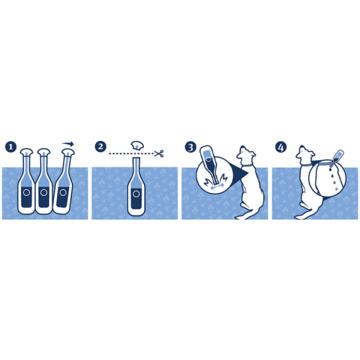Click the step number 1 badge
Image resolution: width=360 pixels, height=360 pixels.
[x=11, y=147]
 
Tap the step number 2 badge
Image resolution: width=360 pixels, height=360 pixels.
[x=100, y=146]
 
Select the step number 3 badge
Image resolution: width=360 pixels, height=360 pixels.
[x=191, y=147]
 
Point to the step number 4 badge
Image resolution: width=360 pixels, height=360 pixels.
[x=281, y=147]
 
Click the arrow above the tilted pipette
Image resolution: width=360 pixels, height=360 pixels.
[x=68, y=144]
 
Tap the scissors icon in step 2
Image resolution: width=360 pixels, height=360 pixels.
[x=159, y=153]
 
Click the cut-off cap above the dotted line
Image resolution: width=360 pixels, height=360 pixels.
[x=137, y=145]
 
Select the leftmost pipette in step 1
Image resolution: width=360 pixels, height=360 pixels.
[x=27, y=181]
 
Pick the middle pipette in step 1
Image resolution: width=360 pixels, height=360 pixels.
[x=44, y=181]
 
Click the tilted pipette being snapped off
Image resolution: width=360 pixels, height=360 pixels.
[x=64, y=181]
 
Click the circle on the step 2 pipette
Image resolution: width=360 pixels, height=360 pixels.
[x=136, y=194]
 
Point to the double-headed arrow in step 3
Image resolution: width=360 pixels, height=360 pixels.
[x=217, y=186]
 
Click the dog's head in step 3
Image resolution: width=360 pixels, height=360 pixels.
[x=246, y=155]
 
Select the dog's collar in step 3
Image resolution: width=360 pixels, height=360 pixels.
[x=247, y=166]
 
